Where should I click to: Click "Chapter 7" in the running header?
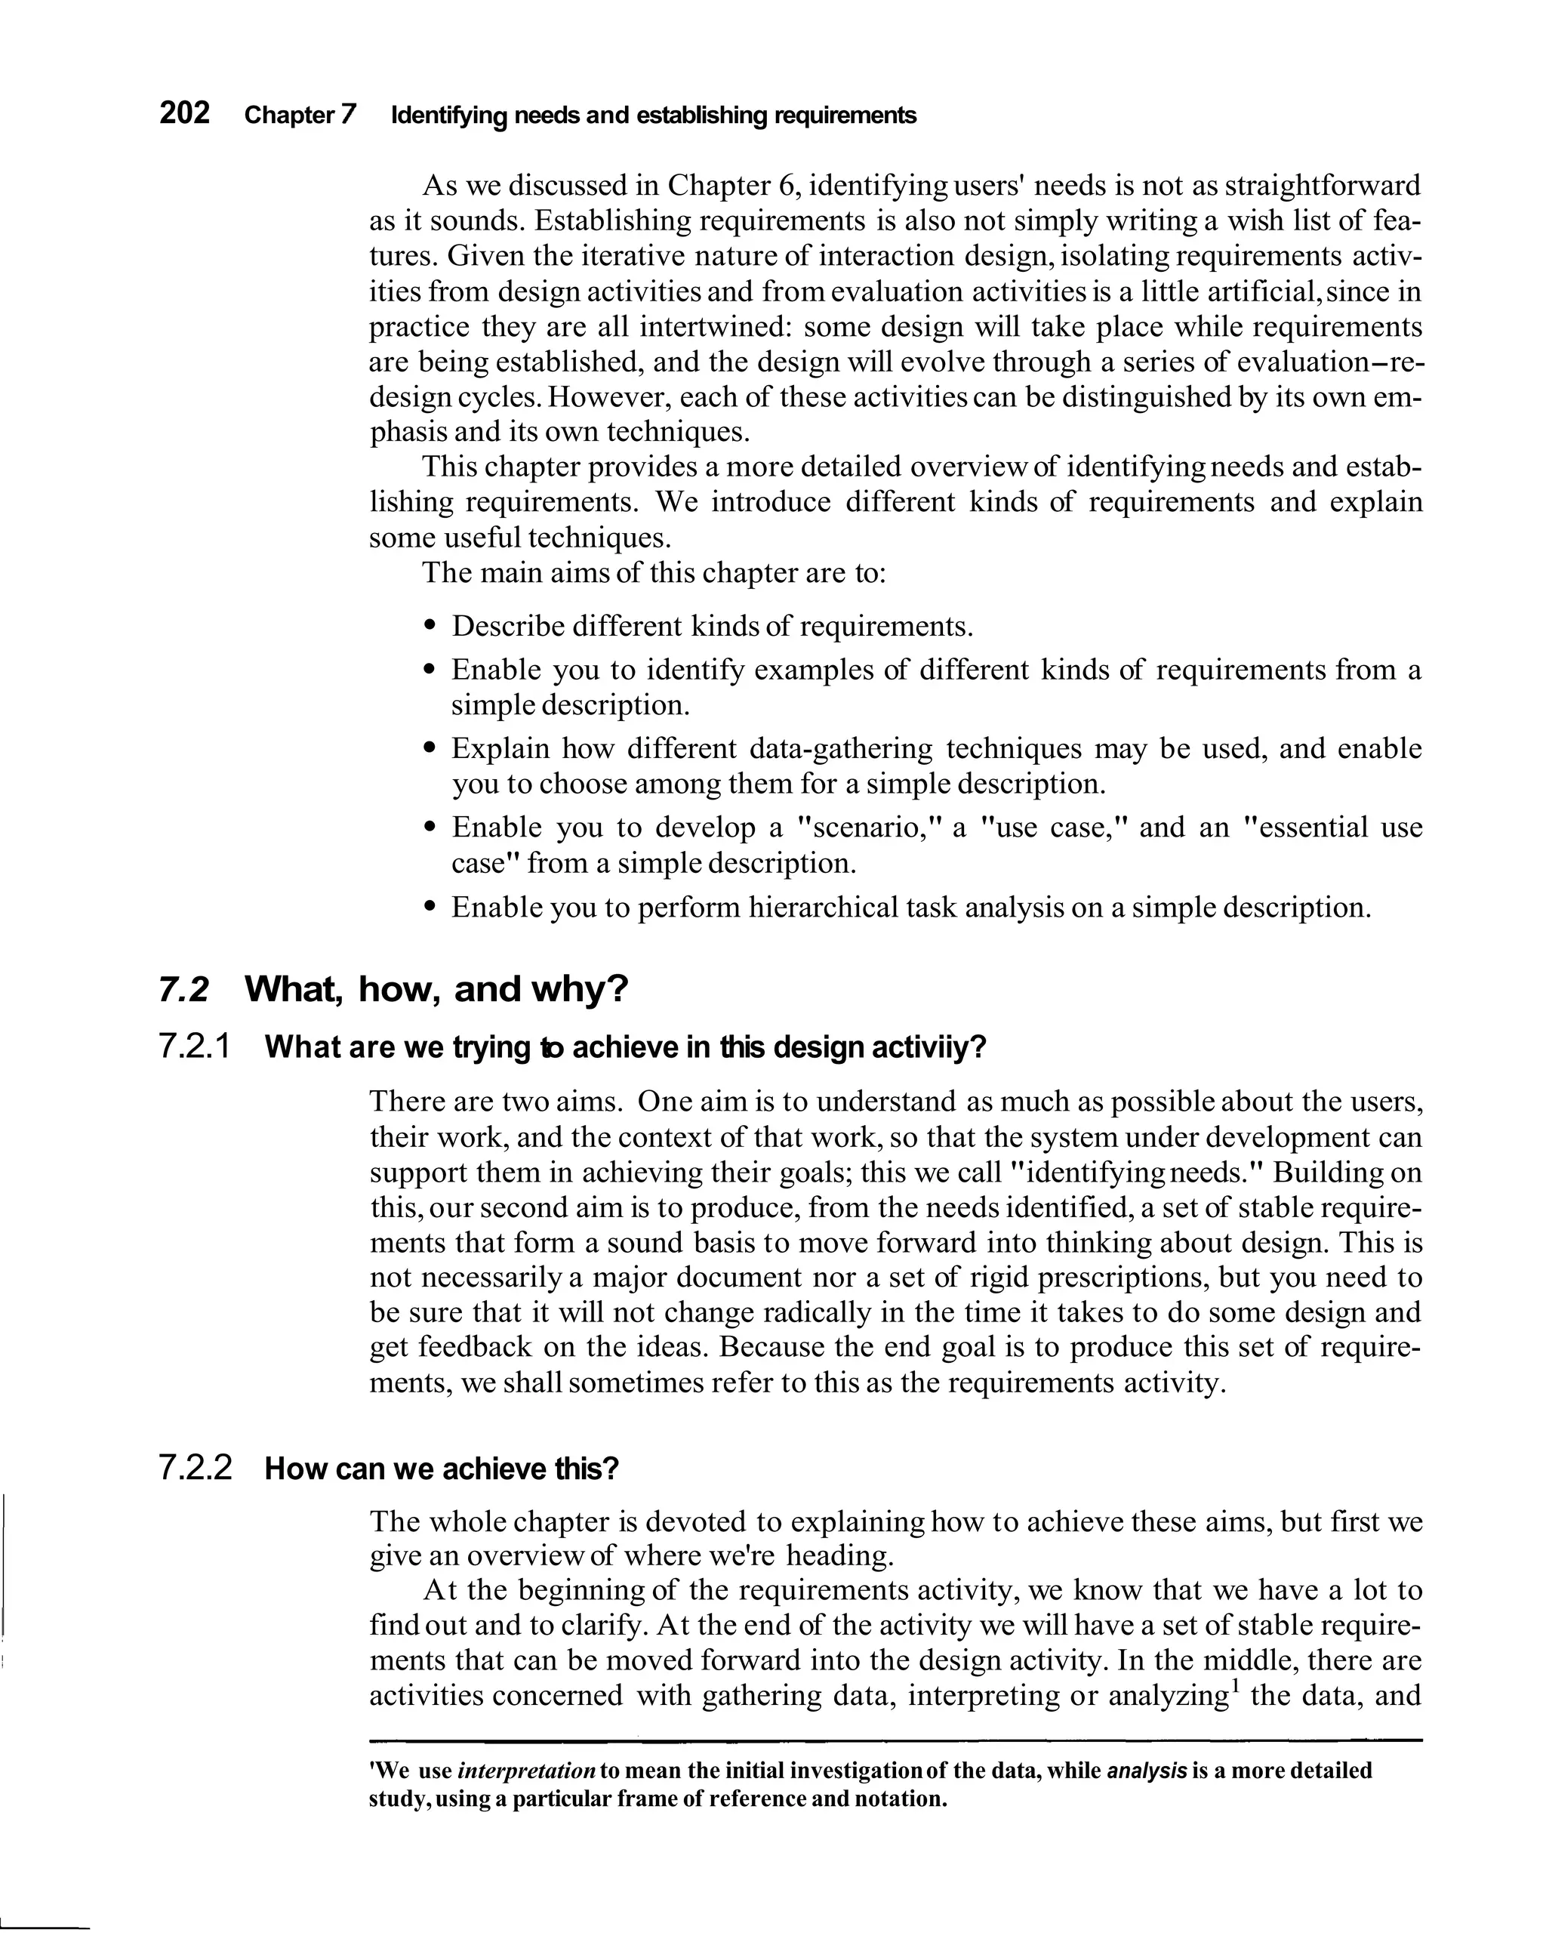pyautogui.click(x=300, y=116)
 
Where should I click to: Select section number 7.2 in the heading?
pyautogui.click(x=183, y=990)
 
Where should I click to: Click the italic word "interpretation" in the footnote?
pyautogui.click(x=527, y=1771)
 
